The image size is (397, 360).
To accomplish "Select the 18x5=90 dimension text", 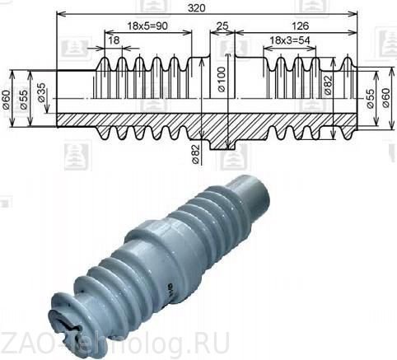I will coord(148,27).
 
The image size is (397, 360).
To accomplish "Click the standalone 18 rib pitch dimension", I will coord(113,42).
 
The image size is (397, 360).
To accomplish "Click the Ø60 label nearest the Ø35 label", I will coord(7,101).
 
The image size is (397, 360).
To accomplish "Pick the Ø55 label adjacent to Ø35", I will coord(24,97).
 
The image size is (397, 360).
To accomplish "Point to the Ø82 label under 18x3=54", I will coord(327,86).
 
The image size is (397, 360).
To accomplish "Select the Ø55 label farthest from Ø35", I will coord(371,97).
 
